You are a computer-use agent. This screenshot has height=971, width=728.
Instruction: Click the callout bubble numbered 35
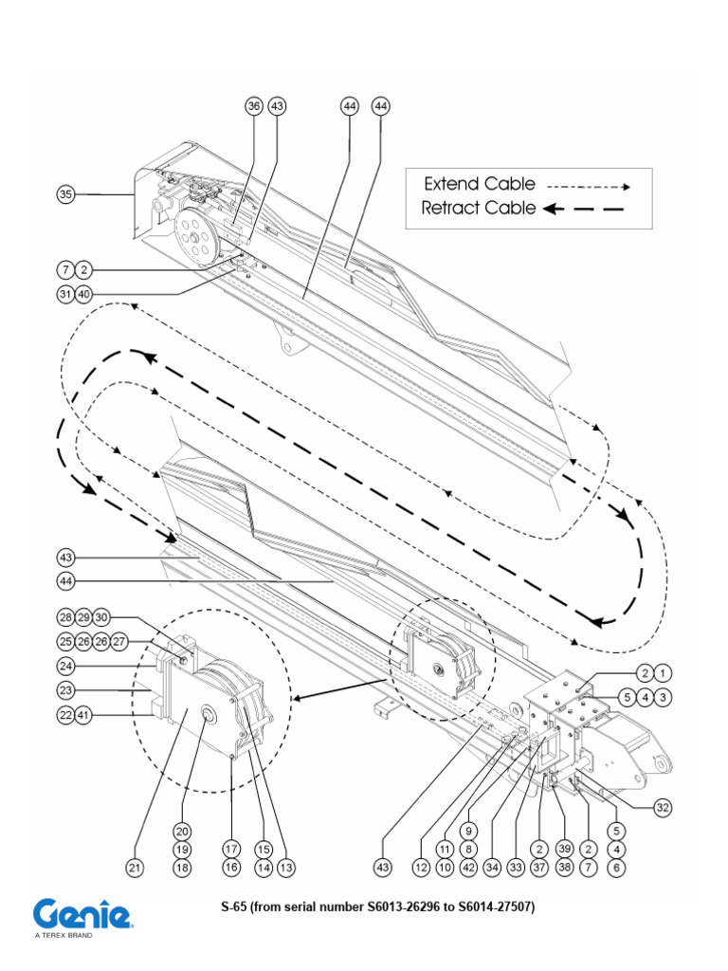point(64,195)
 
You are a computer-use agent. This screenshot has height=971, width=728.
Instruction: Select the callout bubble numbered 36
point(254,107)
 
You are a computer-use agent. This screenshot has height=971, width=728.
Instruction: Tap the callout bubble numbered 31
point(64,294)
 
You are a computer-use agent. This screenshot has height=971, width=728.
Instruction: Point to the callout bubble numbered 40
point(83,294)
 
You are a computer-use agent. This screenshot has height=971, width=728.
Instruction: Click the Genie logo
point(82,915)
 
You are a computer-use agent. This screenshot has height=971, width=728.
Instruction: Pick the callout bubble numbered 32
point(663,808)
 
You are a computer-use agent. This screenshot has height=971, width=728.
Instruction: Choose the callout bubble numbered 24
point(64,665)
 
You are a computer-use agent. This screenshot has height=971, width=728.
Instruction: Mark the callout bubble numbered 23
point(64,690)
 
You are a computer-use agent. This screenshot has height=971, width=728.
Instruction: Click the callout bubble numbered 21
point(136,867)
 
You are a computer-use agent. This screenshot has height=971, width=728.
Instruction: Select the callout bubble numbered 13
point(283,867)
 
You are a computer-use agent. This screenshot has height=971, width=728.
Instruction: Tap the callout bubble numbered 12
point(420,867)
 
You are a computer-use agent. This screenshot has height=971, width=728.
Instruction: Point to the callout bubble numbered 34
point(491,867)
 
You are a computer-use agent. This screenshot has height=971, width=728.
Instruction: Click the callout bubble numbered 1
point(664,673)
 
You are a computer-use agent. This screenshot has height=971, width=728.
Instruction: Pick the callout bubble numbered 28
point(64,616)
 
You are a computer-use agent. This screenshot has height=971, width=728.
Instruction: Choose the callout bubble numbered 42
point(467,867)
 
